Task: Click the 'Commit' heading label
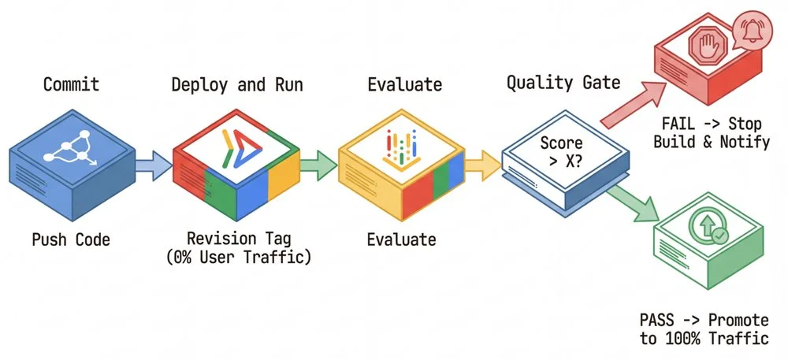[x=71, y=84]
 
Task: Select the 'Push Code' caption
[x=71, y=239]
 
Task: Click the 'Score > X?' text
[x=561, y=153]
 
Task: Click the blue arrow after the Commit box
[x=153, y=165]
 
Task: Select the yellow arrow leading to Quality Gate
[x=482, y=165]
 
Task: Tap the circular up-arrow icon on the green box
[x=706, y=225]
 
